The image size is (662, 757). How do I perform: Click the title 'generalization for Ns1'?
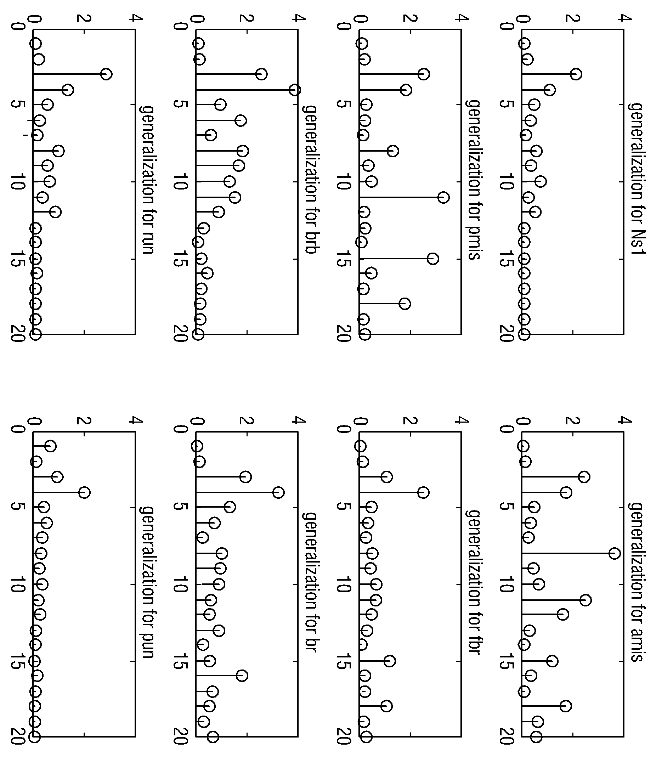coord(637,179)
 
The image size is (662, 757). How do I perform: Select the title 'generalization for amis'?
coord(637,581)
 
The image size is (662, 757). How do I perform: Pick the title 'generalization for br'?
coord(311,581)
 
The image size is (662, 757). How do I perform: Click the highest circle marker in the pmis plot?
coord(443,198)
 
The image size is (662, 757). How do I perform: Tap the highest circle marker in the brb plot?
coord(295,90)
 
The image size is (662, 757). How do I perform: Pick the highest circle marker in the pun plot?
coord(84,493)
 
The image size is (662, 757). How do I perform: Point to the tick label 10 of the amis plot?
coord(507,584)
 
